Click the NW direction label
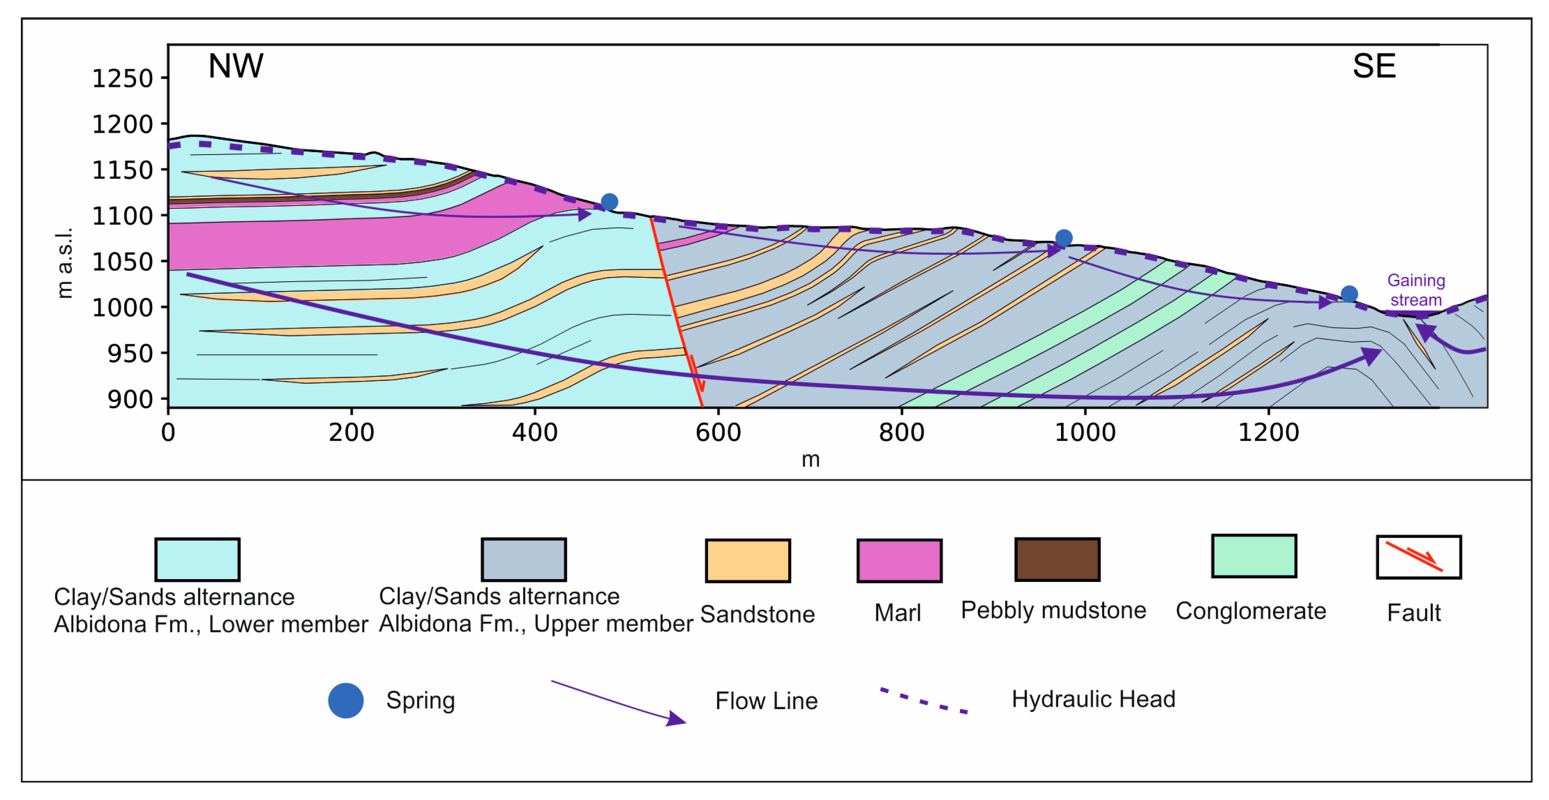click(x=235, y=66)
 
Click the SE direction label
click(x=1374, y=66)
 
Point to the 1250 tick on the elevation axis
click(x=122, y=79)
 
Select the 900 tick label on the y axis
click(x=130, y=400)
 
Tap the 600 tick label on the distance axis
click(x=718, y=432)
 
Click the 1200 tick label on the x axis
click(x=1268, y=432)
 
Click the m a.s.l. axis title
click(x=64, y=263)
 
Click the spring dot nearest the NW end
click(x=609, y=201)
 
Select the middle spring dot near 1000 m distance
click(x=1063, y=238)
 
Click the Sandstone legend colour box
click(x=747, y=560)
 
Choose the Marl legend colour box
click(x=899, y=560)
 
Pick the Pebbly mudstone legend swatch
click(x=1057, y=560)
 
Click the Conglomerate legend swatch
click(x=1254, y=556)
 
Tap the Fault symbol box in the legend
click(x=1419, y=557)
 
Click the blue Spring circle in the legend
click(x=346, y=700)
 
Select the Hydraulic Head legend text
click(x=1093, y=699)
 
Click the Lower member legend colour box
click(x=197, y=560)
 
